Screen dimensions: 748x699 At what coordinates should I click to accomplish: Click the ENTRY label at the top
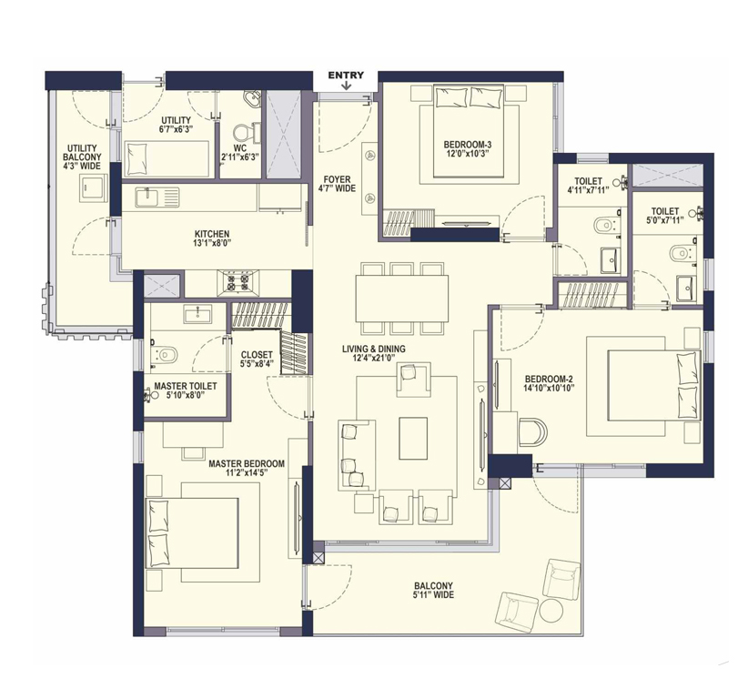pyautogui.click(x=346, y=75)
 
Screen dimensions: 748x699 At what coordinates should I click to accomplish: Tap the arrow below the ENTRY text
pyautogui.click(x=347, y=86)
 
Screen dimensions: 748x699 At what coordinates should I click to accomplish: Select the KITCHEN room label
pyautogui.click(x=212, y=234)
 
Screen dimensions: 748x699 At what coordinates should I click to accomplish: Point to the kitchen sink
pyautogui.click(x=157, y=198)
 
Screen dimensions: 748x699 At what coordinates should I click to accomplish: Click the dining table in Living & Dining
pyautogui.click(x=401, y=299)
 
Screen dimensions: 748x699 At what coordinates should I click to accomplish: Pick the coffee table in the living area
pyautogui.click(x=414, y=439)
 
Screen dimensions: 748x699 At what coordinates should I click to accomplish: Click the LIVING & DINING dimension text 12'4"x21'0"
pyautogui.click(x=373, y=358)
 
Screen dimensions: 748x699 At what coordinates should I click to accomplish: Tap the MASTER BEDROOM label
pyautogui.click(x=247, y=463)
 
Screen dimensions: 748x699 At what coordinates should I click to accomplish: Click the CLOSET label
pyautogui.click(x=257, y=355)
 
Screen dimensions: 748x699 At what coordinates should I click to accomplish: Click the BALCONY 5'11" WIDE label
pyautogui.click(x=434, y=590)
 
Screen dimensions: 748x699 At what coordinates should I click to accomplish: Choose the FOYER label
pyautogui.click(x=337, y=179)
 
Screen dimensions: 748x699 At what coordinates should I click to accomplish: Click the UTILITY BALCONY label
pyautogui.click(x=82, y=153)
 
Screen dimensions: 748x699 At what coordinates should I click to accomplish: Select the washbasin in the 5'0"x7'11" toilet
pyautogui.click(x=688, y=288)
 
